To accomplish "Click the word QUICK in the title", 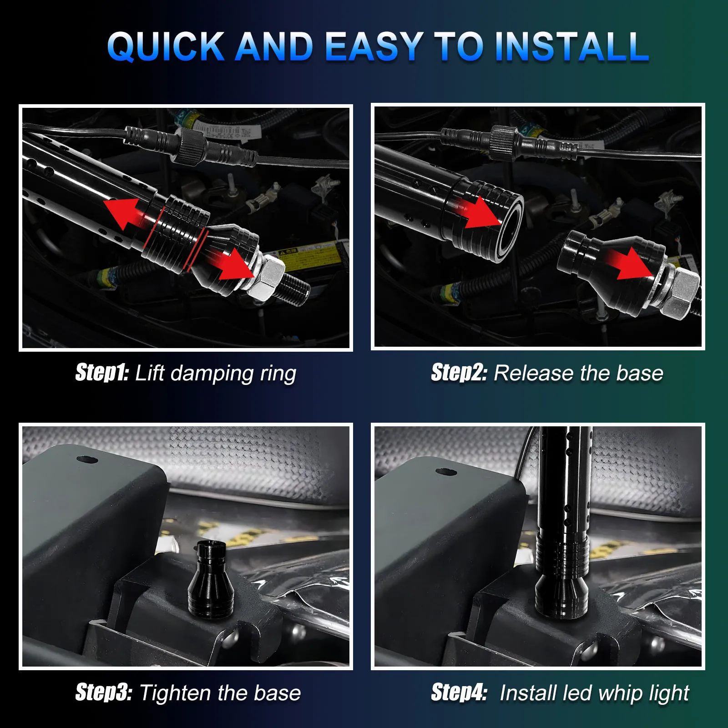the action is pyautogui.click(x=166, y=46).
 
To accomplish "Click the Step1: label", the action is pyautogui.click(x=102, y=373).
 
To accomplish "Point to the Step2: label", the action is pyautogui.click(x=459, y=373).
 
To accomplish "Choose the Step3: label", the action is pyautogui.click(x=104, y=693).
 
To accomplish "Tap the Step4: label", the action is pyautogui.click(x=459, y=693).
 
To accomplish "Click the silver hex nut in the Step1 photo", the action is pyautogui.click(x=268, y=277).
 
